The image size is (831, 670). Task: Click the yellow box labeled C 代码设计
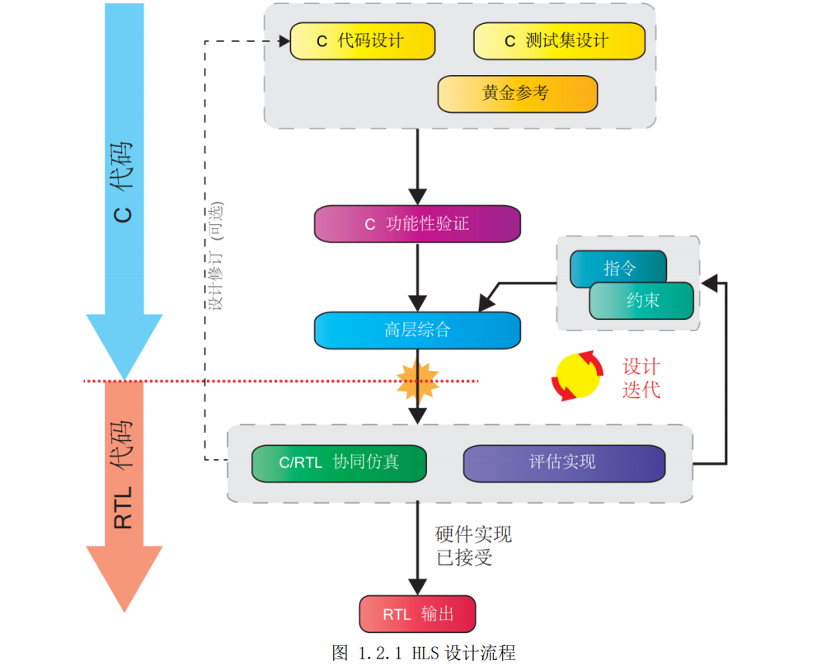[x=362, y=41]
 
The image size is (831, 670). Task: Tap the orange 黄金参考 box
[x=517, y=93]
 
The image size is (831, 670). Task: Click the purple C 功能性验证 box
[x=417, y=223]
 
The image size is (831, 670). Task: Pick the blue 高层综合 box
[x=417, y=330]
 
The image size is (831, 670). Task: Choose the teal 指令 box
[x=618, y=269]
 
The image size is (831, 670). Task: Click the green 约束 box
[x=642, y=301]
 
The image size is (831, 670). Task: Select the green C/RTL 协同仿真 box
[x=339, y=462]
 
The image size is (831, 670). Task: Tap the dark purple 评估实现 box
[x=564, y=462]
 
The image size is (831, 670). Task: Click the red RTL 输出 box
[x=418, y=614]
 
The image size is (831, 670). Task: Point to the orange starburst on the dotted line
[x=418, y=380]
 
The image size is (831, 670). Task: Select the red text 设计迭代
[x=641, y=378]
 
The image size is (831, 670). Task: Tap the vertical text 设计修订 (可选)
[x=216, y=255]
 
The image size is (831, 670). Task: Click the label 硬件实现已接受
[x=473, y=546]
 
